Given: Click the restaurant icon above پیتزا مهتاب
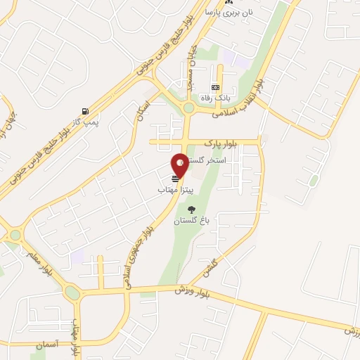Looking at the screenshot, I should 175,179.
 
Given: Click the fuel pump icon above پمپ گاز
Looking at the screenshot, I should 85,111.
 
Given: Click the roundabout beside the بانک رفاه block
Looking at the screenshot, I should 188,108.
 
